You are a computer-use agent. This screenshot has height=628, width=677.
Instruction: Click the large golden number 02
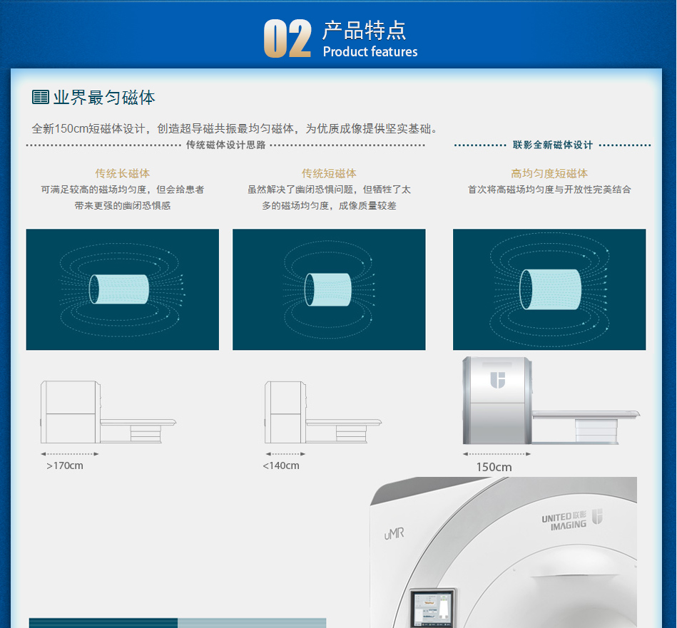point(287,38)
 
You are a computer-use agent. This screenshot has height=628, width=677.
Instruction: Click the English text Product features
point(370,52)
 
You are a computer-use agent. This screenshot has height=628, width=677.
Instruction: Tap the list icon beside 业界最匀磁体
point(41,97)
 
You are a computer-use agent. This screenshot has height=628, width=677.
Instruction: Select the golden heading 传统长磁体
point(123,173)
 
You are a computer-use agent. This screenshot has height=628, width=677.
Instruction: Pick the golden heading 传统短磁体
point(329,173)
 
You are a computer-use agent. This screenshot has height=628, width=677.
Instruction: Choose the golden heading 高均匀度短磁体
point(549,173)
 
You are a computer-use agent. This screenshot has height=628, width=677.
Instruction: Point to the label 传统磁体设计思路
point(226,145)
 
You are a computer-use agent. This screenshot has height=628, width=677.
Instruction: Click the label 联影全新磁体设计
point(553,145)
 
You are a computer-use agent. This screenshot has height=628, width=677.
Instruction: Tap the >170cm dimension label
point(65,465)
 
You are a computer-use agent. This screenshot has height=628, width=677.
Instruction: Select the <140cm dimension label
point(280,465)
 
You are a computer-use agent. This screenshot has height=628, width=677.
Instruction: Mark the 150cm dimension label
point(494,467)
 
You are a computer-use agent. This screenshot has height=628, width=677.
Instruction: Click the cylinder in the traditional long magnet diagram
point(118,289)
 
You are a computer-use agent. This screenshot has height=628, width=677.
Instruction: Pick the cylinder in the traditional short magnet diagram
point(327,289)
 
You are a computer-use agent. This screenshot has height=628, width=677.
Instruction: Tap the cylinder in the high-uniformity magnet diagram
point(550,289)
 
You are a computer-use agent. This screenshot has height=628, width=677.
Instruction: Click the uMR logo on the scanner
point(395,534)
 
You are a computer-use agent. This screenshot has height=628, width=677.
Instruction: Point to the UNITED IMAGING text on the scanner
point(564,521)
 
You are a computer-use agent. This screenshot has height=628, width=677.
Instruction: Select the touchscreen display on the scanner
point(432,609)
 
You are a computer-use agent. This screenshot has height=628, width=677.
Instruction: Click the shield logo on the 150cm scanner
point(498,380)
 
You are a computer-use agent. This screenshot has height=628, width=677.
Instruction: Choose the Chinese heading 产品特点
point(365,30)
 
